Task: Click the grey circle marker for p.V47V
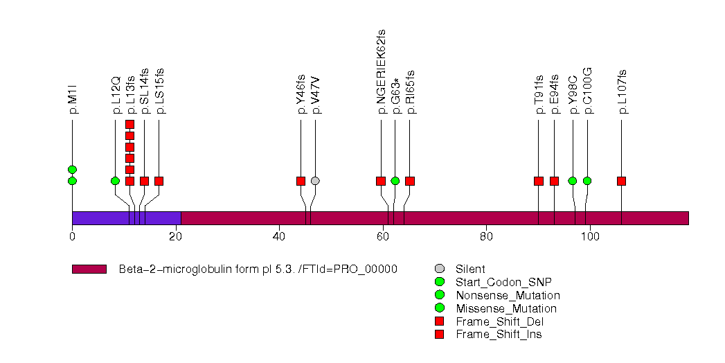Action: click(x=315, y=181)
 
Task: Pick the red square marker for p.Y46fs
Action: click(x=301, y=181)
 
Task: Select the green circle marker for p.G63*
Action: click(x=395, y=181)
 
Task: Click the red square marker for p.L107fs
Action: click(x=621, y=181)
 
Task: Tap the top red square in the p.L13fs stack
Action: click(x=129, y=125)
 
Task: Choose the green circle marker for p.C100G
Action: click(x=587, y=181)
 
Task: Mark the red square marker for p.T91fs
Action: click(x=539, y=181)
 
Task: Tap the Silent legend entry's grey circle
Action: click(x=439, y=269)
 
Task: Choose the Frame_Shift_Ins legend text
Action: click(x=499, y=335)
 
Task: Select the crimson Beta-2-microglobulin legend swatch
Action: click(x=89, y=269)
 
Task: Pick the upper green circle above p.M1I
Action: click(x=72, y=170)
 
